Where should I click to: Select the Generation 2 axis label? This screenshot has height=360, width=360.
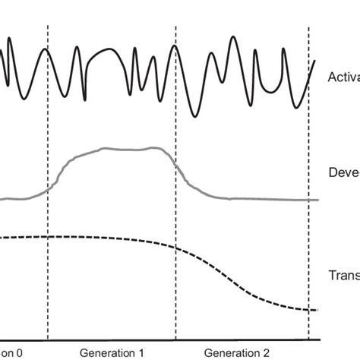pyautogui.click(x=237, y=353)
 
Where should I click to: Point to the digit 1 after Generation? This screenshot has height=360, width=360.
pyautogui.click(x=141, y=353)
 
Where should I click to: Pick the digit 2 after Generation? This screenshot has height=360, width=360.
pyautogui.click(x=265, y=353)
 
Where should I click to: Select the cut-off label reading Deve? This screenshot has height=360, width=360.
pyautogui.click(x=343, y=172)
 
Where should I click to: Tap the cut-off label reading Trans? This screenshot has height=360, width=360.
pyautogui.click(x=343, y=276)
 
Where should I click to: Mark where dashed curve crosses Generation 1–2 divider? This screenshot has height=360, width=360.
pyautogui.click(x=175, y=248)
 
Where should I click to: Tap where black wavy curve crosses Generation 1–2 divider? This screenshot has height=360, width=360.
pyautogui.click(x=175, y=47)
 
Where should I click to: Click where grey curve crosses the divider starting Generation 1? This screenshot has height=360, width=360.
pyautogui.click(x=47, y=191)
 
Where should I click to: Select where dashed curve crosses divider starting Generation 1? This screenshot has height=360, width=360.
pyautogui.click(x=47, y=237)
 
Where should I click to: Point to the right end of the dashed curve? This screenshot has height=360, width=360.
pyautogui.click(x=317, y=309)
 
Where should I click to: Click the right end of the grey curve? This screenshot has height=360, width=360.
pyautogui.click(x=317, y=200)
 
